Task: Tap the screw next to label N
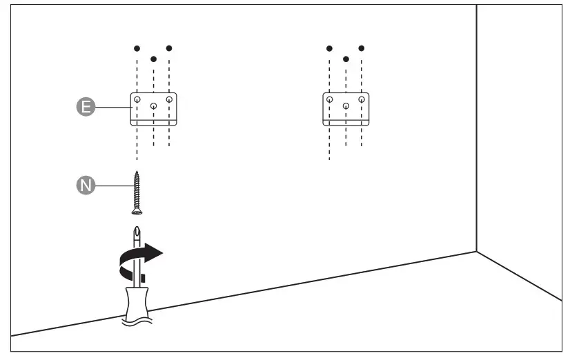(x=137, y=192)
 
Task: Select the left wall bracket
(x=153, y=110)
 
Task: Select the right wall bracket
(x=346, y=110)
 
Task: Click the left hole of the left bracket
(x=137, y=100)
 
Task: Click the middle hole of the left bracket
(x=153, y=106)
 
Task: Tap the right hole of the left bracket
(x=169, y=100)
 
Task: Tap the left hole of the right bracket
(x=330, y=100)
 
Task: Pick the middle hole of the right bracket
(x=346, y=106)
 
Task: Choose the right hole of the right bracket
(x=362, y=100)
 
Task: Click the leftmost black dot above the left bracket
(x=137, y=48)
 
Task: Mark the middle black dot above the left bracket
(x=153, y=59)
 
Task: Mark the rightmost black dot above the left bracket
(x=169, y=48)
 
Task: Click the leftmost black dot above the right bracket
(x=330, y=48)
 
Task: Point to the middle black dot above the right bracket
(x=346, y=59)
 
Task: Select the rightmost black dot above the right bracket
(x=362, y=48)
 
